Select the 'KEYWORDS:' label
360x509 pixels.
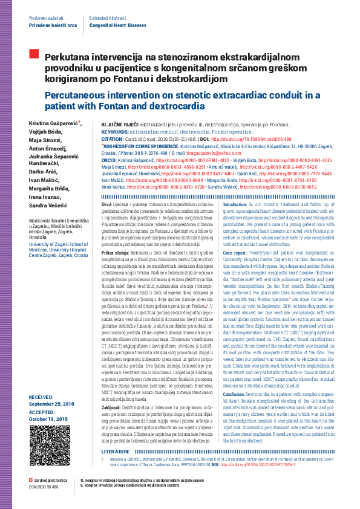[x=114, y=131]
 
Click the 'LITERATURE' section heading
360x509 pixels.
[x=115, y=468]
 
